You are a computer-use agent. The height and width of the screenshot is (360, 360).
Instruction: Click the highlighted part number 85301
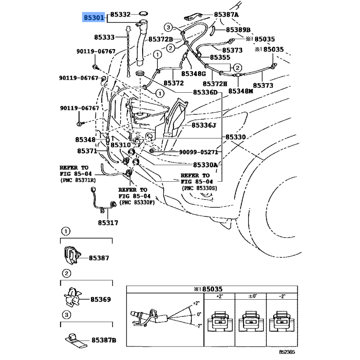[94, 18]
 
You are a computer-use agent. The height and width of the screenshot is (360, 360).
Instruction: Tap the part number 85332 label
[120, 14]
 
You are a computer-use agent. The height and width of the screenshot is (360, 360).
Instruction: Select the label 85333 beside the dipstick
[104, 37]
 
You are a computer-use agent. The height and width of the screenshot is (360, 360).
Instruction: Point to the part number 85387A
[226, 15]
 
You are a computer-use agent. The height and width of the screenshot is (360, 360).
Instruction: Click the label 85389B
[238, 30]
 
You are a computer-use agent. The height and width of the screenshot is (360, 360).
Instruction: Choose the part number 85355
[220, 57]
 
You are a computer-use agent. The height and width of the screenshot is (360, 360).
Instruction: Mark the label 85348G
[193, 74]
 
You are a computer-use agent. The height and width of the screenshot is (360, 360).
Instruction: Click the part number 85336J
[204, 126]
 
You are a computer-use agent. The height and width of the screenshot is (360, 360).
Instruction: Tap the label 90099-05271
[198, 152]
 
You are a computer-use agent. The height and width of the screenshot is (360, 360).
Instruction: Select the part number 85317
[108, 223]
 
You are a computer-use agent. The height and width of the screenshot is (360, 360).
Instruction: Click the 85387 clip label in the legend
[99, 258]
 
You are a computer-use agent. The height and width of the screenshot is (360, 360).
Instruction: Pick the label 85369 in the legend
[100, 299]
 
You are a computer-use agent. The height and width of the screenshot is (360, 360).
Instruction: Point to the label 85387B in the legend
[104, 340]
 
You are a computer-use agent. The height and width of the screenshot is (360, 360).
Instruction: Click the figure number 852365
[287, 352]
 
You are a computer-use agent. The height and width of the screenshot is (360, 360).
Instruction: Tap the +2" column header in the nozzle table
[220, 297]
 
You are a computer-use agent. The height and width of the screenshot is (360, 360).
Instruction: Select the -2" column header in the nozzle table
[282, 297]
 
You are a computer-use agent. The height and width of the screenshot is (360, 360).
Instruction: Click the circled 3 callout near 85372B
[168, 27]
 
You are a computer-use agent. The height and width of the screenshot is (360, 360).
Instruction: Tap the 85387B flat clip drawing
[76, 340]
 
